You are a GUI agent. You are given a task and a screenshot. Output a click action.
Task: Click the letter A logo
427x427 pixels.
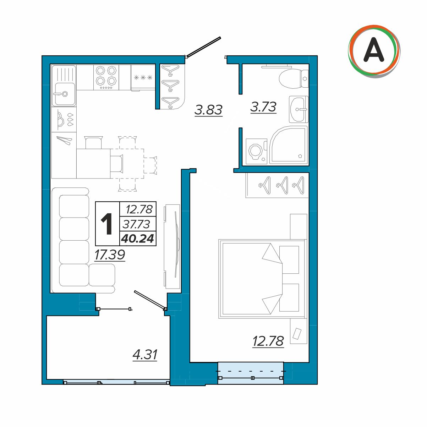click(374, 51)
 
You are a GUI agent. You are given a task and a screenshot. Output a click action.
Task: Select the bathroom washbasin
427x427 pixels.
click(299, 109)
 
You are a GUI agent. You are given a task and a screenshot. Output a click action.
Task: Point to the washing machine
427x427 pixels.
click(256, 151)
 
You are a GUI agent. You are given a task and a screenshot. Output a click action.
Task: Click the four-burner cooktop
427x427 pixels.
click(106, 77)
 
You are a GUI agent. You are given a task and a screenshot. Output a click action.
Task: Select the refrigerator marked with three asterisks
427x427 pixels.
click(143, 78)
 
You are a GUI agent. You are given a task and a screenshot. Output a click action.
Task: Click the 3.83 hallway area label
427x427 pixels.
click(208, 110)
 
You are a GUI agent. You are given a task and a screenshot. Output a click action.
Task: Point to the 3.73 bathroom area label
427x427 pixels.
click(263, 107)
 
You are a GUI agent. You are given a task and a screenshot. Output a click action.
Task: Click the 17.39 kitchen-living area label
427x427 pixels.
click(110, 254)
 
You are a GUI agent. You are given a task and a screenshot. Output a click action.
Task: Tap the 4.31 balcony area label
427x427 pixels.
click(145, 355)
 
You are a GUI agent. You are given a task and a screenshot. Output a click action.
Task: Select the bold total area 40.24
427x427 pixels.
click(138, 239)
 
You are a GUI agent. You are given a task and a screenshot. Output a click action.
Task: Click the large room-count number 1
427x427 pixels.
click(106, 224)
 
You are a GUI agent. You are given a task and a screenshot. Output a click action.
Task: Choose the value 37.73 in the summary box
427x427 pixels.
click(137, 224)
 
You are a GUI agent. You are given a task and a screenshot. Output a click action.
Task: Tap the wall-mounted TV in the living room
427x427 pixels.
click(172, 246)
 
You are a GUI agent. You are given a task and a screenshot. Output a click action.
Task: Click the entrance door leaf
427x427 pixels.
click(204, 47)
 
